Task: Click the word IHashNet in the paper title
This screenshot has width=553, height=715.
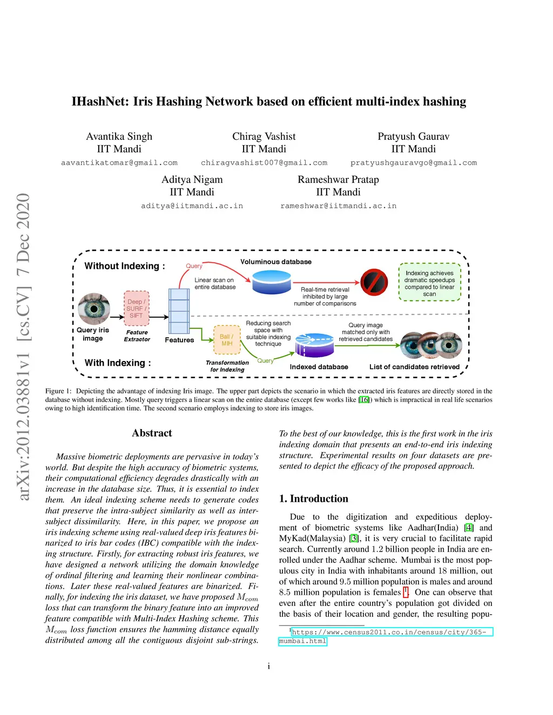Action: (x=100, y=101)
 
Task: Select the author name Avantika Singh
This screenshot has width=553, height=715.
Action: (x=119, y=137)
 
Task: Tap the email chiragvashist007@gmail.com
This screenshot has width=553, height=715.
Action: (x=264, y=162)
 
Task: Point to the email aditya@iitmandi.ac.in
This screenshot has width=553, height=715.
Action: (x=192, y=206)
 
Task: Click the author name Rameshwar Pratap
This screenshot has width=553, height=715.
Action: (x=338, y=180)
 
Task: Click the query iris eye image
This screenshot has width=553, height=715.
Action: (x=94, y=308)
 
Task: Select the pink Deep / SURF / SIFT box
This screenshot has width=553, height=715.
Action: (x=137, y=309)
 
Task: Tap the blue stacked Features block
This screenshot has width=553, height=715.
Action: (x=179, y=311)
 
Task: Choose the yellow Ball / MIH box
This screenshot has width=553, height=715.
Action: (x=227, y=339)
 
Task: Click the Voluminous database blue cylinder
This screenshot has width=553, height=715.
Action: (x=271, y=282)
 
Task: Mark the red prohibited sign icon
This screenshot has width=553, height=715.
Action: (x=374, y=282)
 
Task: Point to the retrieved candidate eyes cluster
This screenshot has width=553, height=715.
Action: (x=431, y=345)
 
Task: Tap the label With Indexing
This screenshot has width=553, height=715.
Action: (x=117, y=363)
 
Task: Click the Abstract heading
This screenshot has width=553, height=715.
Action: (x=152, y=433)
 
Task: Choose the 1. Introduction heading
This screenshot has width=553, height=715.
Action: (x=313, y=499)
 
